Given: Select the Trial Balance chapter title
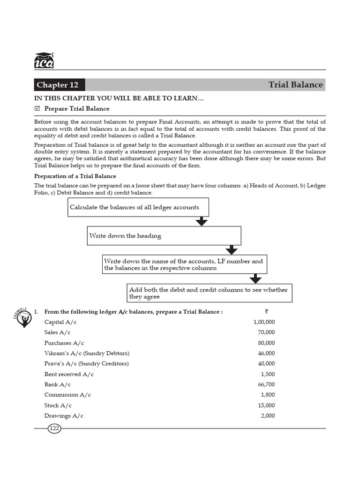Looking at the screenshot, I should [x=295, y=85].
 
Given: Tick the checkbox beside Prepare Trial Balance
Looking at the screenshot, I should [x=37, y=109].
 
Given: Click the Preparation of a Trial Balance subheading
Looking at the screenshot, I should [x=75, y=176].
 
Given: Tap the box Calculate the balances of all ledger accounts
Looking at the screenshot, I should [x=138, y=207].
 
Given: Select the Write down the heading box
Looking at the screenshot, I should [x=164, y=236].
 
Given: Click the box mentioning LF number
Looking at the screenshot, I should [x=185, y=264].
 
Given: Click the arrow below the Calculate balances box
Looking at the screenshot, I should [x=202, y=221].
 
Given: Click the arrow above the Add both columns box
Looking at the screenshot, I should [x=255, y=278].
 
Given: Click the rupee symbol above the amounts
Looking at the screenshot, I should [x=266, y=311].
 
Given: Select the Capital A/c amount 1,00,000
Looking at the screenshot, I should [x=264, y=322].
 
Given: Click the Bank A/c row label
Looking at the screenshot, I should [x=58, y=384].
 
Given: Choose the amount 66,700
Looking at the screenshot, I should [x=266, y=384].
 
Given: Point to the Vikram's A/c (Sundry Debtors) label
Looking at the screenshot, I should [x=87, y=353].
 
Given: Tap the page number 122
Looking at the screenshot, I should [x=54, y=428].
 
